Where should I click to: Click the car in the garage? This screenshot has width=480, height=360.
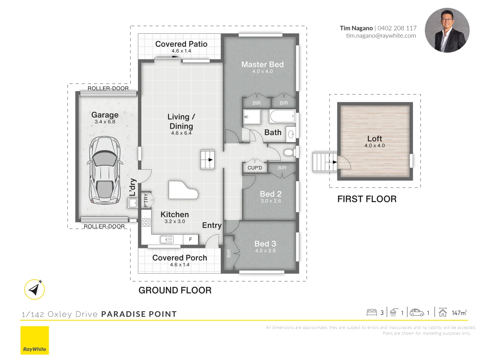[105, 170]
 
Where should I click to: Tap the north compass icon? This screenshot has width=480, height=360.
[34, 289]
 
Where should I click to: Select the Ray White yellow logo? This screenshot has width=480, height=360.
[35, 340]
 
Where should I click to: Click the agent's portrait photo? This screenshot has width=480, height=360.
[447, 30]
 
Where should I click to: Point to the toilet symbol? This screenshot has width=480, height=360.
[290, 152]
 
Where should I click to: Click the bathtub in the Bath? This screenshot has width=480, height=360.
[282, 116]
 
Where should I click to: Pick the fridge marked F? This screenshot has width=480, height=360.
[191, 239]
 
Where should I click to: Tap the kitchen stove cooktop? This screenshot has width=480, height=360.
[146, 223]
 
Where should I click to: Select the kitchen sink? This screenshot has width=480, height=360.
[167, 240]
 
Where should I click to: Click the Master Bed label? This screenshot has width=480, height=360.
[262, 64]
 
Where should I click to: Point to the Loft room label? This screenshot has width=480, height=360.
[375, 138]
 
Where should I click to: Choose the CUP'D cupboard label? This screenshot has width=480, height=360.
[255, 168]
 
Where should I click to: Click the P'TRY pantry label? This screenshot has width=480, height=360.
[146, 200]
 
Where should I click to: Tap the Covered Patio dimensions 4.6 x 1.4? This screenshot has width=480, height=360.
[181, 51]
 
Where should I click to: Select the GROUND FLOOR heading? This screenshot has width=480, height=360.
[175, 290]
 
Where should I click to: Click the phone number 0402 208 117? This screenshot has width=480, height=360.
[397, 28]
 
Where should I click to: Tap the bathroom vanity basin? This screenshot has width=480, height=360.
[291, 134]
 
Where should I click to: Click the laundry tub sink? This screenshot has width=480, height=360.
[133, 203]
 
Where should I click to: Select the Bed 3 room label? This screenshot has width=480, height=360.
[265, 243]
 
